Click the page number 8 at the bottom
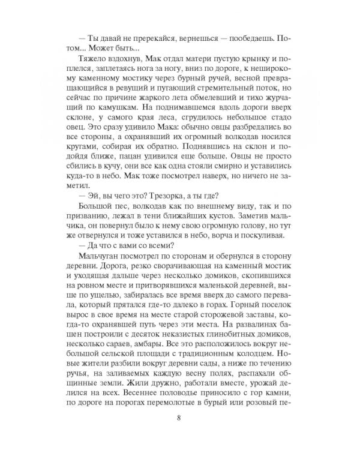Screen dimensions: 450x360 (x=179, y=418)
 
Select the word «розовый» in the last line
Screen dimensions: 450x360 (x=271, y=418)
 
